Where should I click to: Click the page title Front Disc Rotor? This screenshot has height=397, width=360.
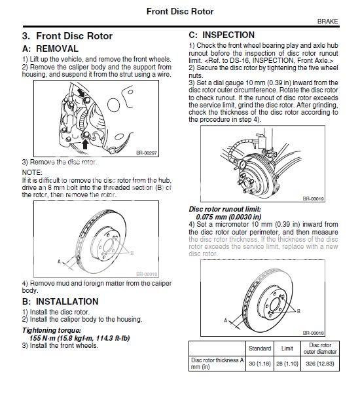[x=180, y=9]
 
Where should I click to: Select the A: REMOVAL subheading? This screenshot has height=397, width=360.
[x=50, y=48]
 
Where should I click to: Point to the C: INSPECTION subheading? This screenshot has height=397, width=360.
[x=222, y=35]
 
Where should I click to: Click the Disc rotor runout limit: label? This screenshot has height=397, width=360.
[x=225, y=210]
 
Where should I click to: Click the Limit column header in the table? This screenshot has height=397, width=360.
[x=286, y=347]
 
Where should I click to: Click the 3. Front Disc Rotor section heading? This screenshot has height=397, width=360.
[x=67, y=36]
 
